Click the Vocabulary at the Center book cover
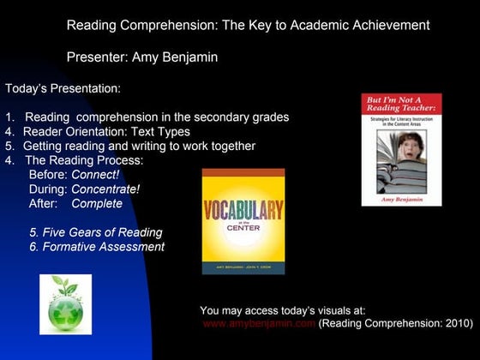[x=243, y=221]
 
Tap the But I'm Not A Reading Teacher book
[x=401, y=149]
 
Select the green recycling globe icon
[x=65, y=303]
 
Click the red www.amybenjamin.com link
[x=260, y=325]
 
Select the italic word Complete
[x=97, y=204]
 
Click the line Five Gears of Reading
[x=95, y=232]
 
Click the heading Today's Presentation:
[x=63, y=87]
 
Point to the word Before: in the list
[x=48, y=174]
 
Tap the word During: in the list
[x=48, y=189]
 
